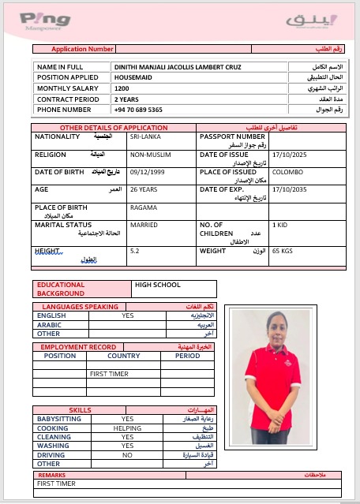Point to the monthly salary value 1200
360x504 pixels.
122,89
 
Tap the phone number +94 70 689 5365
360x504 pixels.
138,110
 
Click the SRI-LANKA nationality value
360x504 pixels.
145,136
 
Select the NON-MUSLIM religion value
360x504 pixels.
147,155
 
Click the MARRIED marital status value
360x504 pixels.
144,226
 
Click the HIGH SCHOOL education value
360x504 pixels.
158,285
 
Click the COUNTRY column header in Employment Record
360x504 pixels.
123,356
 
